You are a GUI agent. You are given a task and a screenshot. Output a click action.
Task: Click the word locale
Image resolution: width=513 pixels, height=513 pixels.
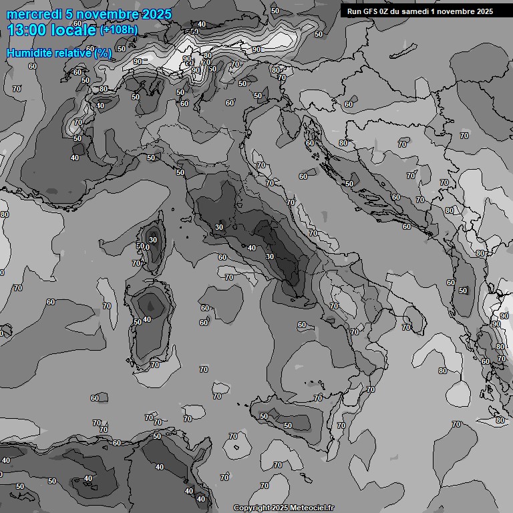coord(73,30)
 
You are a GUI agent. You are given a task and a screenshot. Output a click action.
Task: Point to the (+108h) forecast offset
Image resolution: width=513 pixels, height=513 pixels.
coord(119,30)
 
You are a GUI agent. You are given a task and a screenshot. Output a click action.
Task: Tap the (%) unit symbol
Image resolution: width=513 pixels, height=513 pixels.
coord(103,53)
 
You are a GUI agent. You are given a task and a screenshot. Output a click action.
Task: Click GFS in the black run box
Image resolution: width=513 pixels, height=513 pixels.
coord(367,11)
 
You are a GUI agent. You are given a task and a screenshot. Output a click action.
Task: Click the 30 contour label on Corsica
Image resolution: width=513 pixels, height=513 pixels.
coord(153,240)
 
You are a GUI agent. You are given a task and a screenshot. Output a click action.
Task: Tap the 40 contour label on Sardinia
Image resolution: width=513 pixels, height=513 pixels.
coord(147,319)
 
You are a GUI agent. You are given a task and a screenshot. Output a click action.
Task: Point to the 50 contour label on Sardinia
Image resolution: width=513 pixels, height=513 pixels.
coord(138,322)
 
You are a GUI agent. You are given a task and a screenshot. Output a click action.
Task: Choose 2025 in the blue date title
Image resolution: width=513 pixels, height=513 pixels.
coord(156,14)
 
